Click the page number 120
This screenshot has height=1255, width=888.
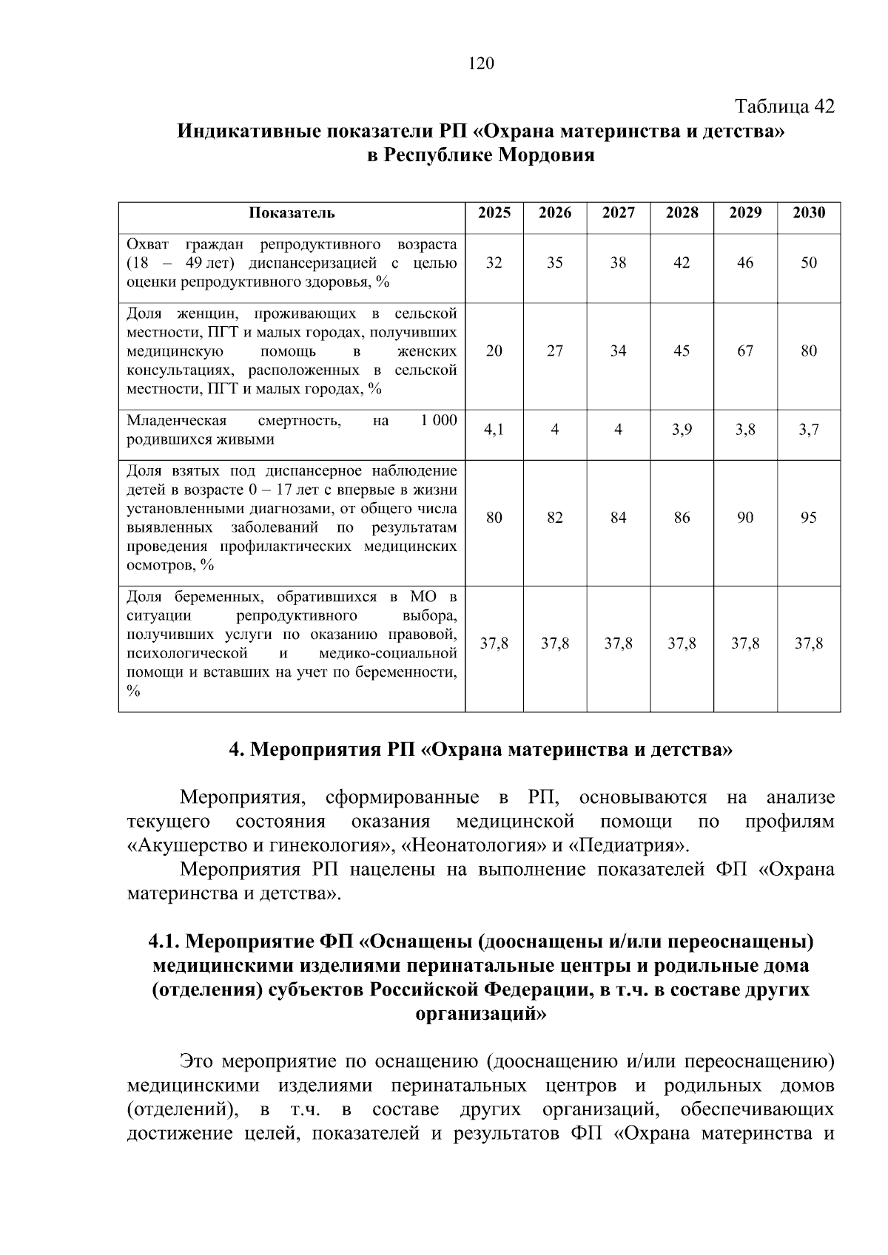[481, 64]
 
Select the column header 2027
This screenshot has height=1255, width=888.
[618, 213]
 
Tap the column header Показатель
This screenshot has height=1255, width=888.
[292, 213]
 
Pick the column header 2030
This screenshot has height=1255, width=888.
[808, 213]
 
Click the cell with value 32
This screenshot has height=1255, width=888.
[494, 263]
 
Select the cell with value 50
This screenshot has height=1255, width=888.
[808, 263]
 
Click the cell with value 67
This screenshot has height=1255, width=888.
[745, 351]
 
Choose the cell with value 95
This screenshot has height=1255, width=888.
[808, 518]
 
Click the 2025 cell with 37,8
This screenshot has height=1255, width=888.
[494, 644]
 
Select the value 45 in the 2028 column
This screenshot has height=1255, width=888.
[682, 351]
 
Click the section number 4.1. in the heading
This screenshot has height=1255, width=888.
[164, 942]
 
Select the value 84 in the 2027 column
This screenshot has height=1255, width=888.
[618, 518]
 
